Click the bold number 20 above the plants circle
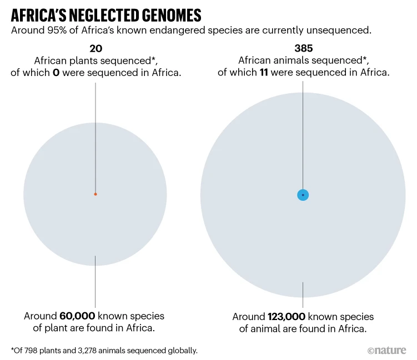(95, 49)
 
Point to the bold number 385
(303, 49)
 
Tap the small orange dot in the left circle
(96, 194)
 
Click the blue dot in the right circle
(303, 195)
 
